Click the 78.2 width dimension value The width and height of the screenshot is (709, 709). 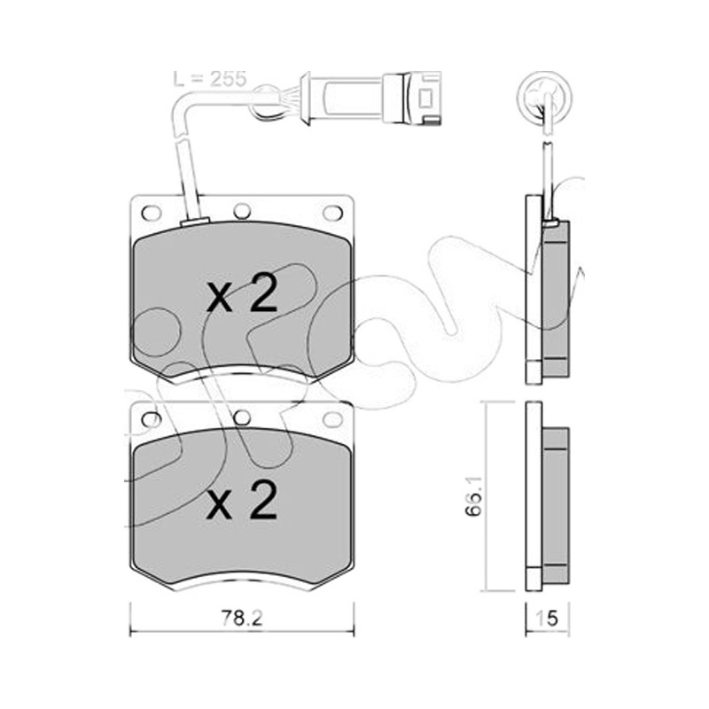pos(242,617)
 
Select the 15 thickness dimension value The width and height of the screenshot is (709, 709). pos(547,618)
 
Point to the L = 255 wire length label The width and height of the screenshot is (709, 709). pos(210,79)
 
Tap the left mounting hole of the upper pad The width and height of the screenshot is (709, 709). pos(151,212)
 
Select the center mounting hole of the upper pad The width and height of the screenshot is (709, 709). pos(242,211)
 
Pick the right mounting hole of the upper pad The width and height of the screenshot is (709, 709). pos(333,212)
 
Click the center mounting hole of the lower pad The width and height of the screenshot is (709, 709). pos(242,417)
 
